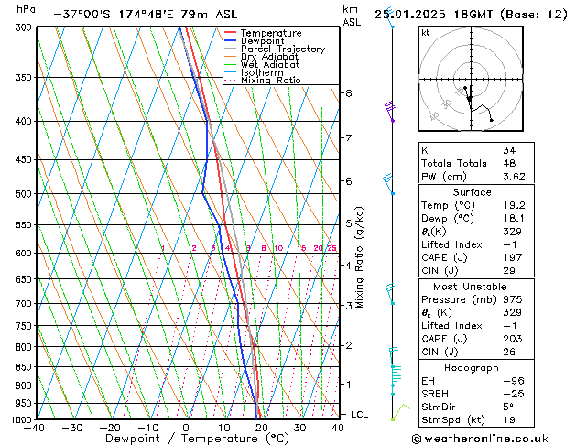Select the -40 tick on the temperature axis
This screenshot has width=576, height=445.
click(36, 428)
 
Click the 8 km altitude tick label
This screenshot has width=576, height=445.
click(348, 93)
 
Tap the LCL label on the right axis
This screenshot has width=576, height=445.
click(360, 415)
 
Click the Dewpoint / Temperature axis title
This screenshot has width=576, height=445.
click(186, 439)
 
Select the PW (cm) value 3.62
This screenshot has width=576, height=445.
click(513, 177)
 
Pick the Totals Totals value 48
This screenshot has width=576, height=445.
click(508, 163)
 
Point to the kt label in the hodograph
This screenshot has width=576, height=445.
click(426, 33)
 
